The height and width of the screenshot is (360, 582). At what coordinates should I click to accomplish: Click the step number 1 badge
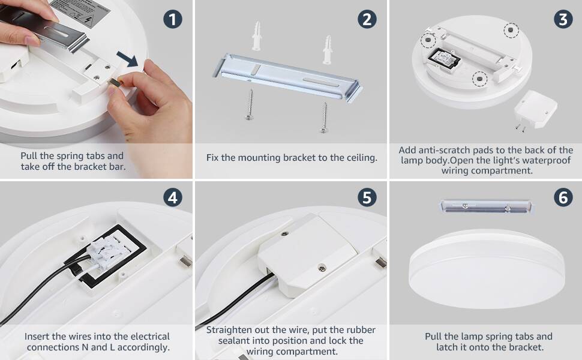pos(173,19)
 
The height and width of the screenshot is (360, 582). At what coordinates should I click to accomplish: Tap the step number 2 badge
pos(367,19)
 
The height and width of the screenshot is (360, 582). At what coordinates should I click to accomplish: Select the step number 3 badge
pos(563,19)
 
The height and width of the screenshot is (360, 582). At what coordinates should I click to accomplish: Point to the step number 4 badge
pos(173,197)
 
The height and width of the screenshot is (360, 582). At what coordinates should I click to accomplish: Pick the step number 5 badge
pos(367,197)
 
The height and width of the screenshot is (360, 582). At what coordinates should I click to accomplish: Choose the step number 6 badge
pos(563,197)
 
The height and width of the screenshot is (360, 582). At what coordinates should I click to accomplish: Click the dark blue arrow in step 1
pos(128,59)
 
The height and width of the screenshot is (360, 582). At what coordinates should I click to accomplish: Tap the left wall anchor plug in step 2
pos(256,36)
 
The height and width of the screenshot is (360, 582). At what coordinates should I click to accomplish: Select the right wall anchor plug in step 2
pos(327,49)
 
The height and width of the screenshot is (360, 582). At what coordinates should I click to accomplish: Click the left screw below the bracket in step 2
pos(250,104)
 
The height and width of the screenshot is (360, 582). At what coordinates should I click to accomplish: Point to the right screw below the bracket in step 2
pos(324,118)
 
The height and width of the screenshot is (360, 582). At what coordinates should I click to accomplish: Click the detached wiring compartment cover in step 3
pos(535,109)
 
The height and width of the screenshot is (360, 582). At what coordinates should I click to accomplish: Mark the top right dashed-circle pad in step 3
pos(511,29)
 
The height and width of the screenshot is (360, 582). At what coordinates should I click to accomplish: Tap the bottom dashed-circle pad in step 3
pos(479,79)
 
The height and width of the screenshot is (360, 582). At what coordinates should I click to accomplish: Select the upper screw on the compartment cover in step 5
pos(284,234)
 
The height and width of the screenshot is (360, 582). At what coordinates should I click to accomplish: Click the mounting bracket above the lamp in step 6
pos(486,206)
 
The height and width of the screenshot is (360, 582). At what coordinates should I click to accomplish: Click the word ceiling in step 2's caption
pos(362,158)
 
